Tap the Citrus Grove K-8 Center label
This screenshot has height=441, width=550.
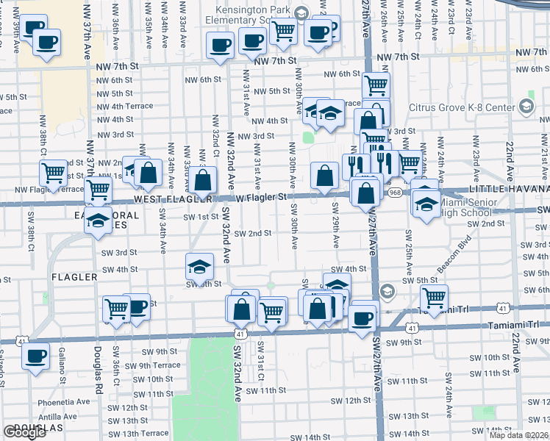tap(479, 107)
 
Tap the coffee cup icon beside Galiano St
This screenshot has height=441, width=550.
tap(35, 356)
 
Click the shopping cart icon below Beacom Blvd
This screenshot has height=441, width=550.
tap(434, 297)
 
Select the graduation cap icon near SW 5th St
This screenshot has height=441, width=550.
tap(199, 266)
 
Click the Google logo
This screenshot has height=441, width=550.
tap(24, 432)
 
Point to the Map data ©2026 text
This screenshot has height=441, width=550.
tap(519, 435)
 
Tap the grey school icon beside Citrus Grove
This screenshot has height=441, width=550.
tap(526, 107)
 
